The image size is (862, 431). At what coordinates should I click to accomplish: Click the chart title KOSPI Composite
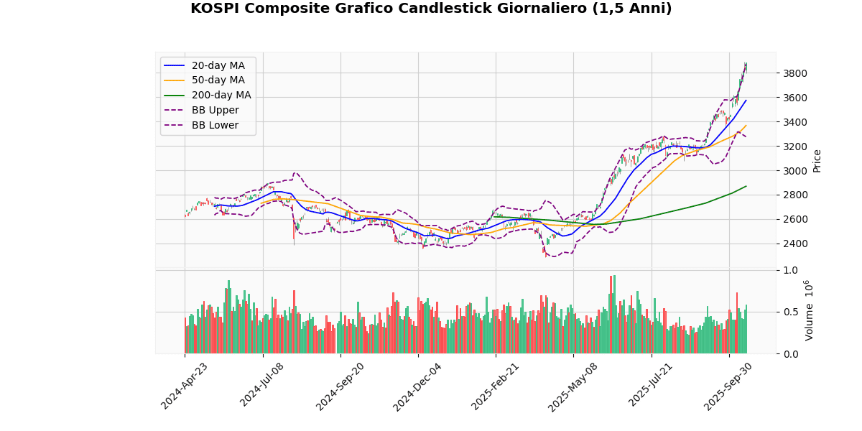tap(431, 9)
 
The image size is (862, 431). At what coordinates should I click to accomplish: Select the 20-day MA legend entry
tap(218, 65)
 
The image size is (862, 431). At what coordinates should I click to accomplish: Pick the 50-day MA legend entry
tap(218, 80)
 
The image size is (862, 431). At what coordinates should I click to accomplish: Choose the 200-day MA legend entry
tap(221, 96)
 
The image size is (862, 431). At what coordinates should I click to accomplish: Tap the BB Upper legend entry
tap(215, 110)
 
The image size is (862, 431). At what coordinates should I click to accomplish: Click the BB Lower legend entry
tap(215, 125)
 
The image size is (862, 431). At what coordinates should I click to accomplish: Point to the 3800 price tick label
tap(795, 73)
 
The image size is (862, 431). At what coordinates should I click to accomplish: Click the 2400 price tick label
tap(795, 244)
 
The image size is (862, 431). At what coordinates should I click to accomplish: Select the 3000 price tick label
tap(795, 171)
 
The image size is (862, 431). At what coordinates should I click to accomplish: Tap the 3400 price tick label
tap(795, 122)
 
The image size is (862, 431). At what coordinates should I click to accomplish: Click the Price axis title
tap(817, 161)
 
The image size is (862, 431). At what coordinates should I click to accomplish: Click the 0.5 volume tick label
tap(790, 312)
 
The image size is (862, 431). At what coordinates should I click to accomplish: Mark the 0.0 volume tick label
tap(790, 354)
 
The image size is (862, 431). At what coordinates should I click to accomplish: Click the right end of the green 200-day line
tap(746, 186)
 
